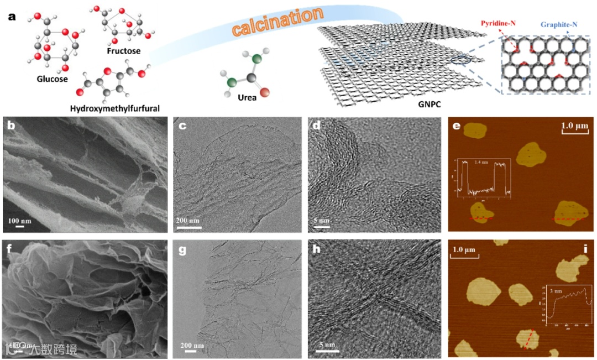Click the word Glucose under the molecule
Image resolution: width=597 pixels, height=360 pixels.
pos(52,79)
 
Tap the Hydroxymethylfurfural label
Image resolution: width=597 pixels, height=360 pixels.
pos(115,108)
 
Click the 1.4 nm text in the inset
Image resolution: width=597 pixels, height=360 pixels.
pos(481,161)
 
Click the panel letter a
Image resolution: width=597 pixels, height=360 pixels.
pos(12,15)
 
